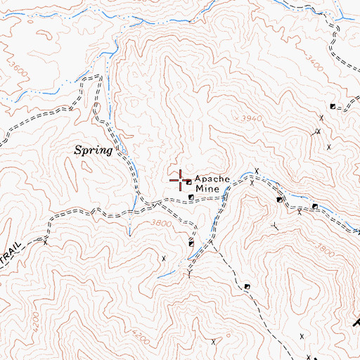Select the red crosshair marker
(179, 180)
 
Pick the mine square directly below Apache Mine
(191, 198)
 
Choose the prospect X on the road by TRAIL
(46, 243)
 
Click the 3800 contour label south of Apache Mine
(161, 223)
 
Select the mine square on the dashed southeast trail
(247, 286)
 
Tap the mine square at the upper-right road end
(333, 108)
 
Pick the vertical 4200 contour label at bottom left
(36, 321)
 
